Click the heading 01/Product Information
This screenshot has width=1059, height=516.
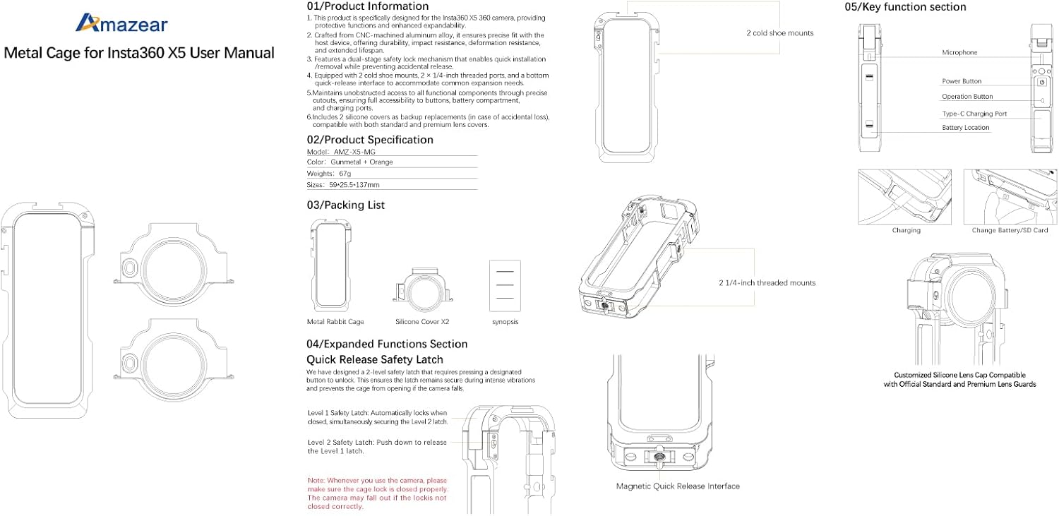coord(367,6)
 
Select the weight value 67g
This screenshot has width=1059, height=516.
coord(346,173)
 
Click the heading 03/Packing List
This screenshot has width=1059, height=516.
coord(345,205)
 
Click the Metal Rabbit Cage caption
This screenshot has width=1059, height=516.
coord(335,322)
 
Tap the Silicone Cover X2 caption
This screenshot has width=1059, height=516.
coord(422,322)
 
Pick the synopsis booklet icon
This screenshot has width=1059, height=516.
coord(505,286)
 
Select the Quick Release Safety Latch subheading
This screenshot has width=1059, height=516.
coord(375,360)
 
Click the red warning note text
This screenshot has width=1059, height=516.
coord(377,493)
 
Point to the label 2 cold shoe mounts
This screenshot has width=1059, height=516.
coord(779,33)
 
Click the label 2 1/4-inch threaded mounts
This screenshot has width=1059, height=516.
coord(767,283)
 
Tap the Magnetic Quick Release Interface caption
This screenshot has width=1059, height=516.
coord(678,486)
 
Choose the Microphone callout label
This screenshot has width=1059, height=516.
coord(959,53)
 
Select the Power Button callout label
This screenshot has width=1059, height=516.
coord(962,81)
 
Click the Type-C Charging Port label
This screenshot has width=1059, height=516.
coord(974,113)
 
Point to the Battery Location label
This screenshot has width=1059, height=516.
coord(965,128)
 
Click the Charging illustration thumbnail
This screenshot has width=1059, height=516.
coord(904,197)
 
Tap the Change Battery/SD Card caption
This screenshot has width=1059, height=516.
coord(1010,230)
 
